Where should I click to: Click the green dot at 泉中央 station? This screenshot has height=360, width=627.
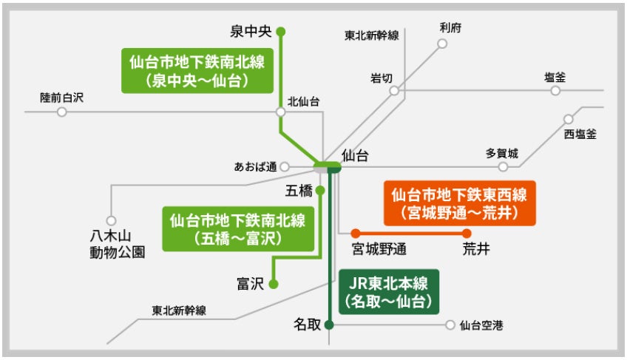[280, 32]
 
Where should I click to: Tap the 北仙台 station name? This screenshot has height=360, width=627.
[304, 102]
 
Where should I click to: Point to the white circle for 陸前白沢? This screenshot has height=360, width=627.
[62, 112]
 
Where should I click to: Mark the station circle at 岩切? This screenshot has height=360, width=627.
[395, 90]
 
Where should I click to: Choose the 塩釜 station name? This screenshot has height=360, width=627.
[555, 76]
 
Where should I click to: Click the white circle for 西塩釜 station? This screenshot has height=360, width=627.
[569, 119]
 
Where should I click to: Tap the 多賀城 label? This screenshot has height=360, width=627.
[502, 153]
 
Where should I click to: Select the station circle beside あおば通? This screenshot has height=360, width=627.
[285, 166]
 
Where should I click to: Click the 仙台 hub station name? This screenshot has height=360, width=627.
[355, 156]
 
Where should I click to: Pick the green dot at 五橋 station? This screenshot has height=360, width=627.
[320, 191]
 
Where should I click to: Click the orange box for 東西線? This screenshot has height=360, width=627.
[458, 203]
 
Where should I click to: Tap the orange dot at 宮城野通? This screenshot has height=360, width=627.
[356, 233]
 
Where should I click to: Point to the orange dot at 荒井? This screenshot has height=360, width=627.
[467, 233]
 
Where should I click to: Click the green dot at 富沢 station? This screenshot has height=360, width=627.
[273, 283]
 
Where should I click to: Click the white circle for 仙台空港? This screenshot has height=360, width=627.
[450, 325]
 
